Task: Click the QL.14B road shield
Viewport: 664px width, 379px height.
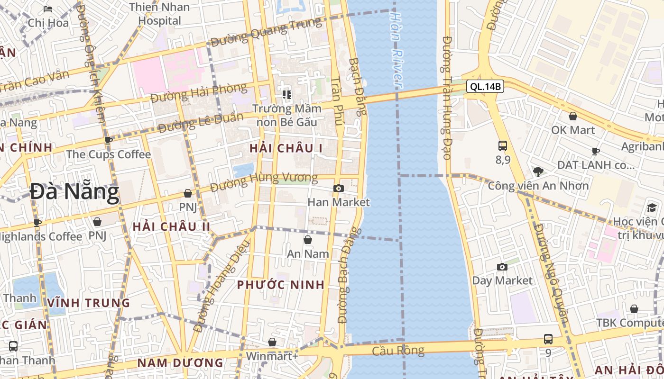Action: pos(485,87)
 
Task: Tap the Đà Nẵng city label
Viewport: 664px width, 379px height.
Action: pos(74,192)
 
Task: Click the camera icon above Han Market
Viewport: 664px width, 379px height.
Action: pos(338,189)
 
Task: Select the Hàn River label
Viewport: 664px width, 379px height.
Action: pos(397,50)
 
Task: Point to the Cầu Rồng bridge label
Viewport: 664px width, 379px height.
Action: pos(398,351)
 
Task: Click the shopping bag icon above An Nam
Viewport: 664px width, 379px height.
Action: pos(307,240)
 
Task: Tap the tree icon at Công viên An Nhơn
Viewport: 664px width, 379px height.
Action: pos(538,171)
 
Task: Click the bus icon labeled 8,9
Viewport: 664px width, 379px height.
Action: pos(503,146)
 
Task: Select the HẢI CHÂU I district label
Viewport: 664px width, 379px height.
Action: pos(286,148)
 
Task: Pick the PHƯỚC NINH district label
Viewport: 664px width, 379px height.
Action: pos(281,285)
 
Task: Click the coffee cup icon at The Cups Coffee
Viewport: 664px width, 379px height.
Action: pos(109,140)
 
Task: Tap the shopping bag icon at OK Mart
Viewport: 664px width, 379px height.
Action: pos(573,116)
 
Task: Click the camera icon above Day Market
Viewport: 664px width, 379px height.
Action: pos(502,267)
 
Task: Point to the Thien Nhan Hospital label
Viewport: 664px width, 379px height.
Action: pos(159,14)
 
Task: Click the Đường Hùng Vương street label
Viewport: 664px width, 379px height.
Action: pos(264,182)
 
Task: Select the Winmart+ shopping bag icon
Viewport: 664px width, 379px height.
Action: pos(272,342)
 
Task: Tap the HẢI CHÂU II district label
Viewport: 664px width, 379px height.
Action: pos(171,226)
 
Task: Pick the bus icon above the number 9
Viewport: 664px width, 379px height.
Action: pos(548,339)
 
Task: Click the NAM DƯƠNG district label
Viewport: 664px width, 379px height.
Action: pos(180,363)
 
